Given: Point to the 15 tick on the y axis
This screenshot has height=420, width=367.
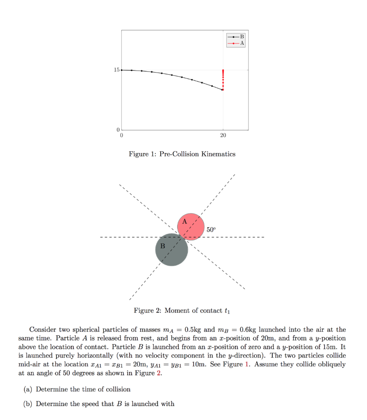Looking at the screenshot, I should tap(116, 70).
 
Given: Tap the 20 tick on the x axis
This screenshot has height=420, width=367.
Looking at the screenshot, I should tap(223, 135).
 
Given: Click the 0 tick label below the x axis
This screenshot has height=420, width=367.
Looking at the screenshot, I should tap(121, 135).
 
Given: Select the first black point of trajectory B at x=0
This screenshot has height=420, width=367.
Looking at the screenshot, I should tap(122, 70).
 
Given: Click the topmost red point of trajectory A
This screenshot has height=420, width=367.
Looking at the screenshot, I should tap(223, 71).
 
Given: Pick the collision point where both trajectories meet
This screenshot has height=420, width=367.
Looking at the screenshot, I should tap(223, 89).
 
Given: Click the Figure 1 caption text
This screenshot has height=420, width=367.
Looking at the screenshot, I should tap(182, 154).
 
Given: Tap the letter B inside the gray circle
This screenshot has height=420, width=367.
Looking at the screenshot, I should tap(162, 246).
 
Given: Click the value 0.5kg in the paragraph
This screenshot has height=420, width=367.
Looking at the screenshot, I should tap(192, 330).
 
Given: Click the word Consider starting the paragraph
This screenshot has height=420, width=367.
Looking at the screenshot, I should tap(42, 330).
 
